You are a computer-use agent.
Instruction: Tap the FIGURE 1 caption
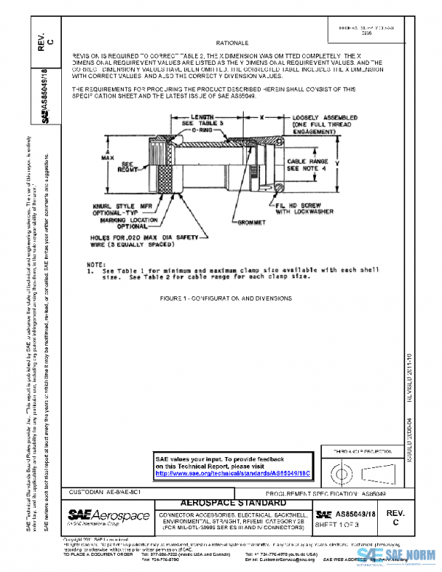(225, 299)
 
